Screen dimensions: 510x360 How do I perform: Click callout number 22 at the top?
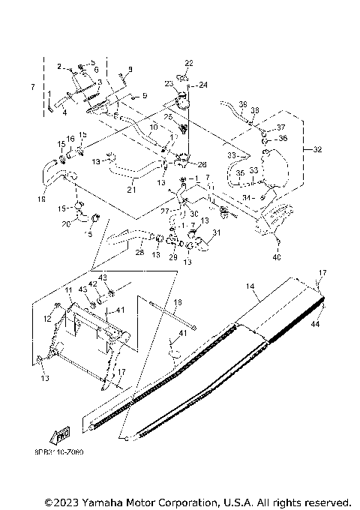[189, 62]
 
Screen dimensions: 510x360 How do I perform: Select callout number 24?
[202, 84]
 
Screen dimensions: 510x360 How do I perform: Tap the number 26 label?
[202, 164]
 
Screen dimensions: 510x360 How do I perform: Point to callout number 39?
[242, 103]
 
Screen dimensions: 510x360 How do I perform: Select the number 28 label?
[139, 253]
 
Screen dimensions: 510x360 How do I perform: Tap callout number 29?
[172, 257]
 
